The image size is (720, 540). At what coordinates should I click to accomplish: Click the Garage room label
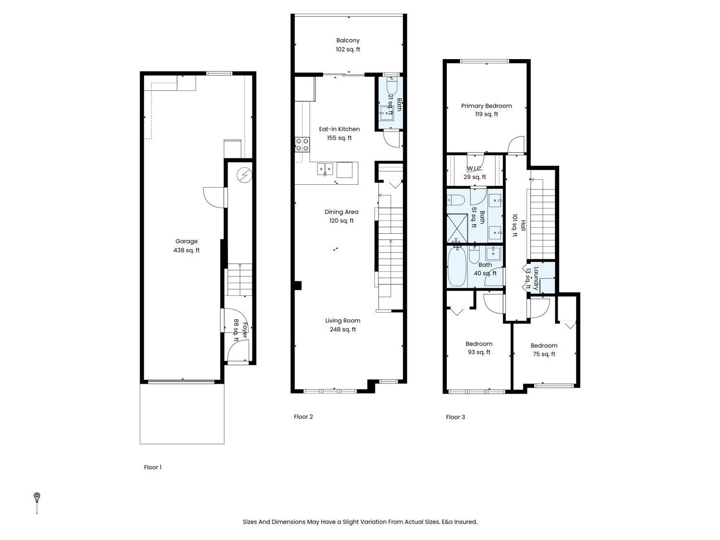pyautogui.click(x=186, y=246)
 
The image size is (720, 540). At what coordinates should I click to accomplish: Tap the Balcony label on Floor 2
pyautogui.click(x=348, y=45)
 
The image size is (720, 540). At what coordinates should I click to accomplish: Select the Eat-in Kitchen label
pyautogui.click(x=339, y=133)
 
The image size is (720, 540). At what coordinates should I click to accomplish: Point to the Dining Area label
pyautogui.click(x=341, y=216)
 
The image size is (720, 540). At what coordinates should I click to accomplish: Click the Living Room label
pyautogui.click(x=343, y=325)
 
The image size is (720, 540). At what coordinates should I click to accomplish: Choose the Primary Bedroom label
pyautogui.click(x=486, y=110)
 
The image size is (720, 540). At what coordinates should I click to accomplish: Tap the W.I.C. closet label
pyautogui.click(x=475, y=173)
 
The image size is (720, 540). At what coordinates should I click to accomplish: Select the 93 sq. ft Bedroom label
pyautogui.click(x=479, y=348)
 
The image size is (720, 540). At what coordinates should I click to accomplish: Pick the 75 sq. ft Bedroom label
pyautogui.click(x=544, y=350)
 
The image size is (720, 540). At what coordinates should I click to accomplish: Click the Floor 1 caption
pyautogui.click(x=153, y=467)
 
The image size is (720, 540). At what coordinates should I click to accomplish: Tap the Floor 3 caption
pyautogui.click(x=455, y=417)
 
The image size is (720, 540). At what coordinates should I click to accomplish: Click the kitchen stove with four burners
pyautogui.click(x=302, y=144)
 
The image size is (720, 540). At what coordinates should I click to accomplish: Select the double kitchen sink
pyautogui.click(x=325, y=169)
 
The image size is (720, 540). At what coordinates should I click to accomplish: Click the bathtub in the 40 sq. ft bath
pyautogui.click(x=456, y=267)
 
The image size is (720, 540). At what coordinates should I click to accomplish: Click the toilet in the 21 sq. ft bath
pyautogui.click(x=391, y=87)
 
